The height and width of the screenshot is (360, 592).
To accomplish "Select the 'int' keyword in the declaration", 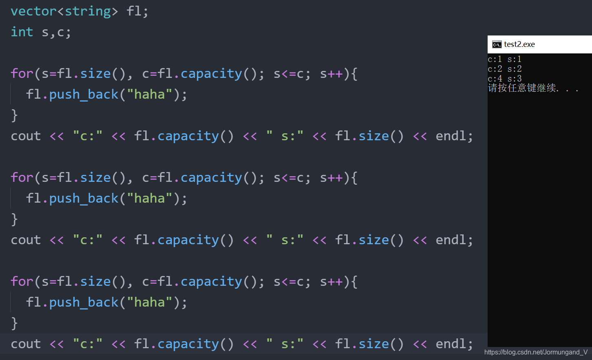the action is coord(22,32).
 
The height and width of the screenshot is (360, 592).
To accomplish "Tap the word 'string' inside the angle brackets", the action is coord(88,11).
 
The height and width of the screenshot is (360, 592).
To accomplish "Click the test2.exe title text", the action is coord(519,44).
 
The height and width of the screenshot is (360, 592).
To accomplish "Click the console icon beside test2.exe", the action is coord(497,44).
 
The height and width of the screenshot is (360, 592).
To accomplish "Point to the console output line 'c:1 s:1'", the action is coord(504,59).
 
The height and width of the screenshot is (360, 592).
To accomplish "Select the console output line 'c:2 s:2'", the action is coord(504,69).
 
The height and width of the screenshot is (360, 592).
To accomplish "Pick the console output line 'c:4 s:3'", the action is coord(504,78).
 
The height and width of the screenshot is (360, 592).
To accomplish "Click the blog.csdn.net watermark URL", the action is coord(536,352).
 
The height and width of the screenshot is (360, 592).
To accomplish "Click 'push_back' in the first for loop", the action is coord(84,94).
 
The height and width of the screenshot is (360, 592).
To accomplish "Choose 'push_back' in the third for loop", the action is coord(84,302).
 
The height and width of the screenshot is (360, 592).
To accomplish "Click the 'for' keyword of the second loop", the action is coord(22,177).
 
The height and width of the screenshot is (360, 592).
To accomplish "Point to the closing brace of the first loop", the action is coord(14,115).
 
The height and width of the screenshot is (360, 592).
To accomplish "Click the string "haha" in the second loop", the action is coord(150,198).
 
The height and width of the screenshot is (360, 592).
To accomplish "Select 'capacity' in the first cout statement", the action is coord(188,136).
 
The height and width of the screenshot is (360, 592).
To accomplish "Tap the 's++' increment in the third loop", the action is coord(331,281).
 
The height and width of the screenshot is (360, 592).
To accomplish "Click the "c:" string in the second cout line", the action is coord(87,240).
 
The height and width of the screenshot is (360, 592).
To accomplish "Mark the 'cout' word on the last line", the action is coord(26,344).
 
